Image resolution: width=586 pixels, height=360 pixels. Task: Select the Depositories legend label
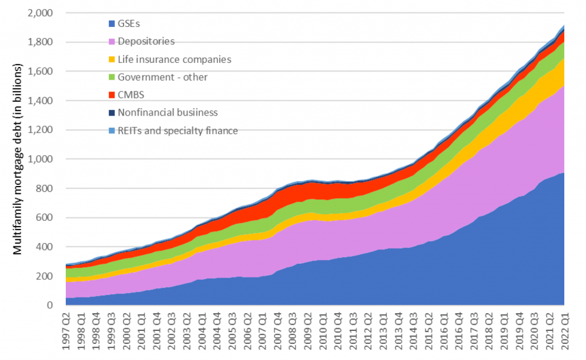coord(146,41)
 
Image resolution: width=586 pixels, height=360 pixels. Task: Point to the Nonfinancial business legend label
coord(168,113)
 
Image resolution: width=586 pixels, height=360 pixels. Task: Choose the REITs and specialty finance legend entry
coord(177,130)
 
